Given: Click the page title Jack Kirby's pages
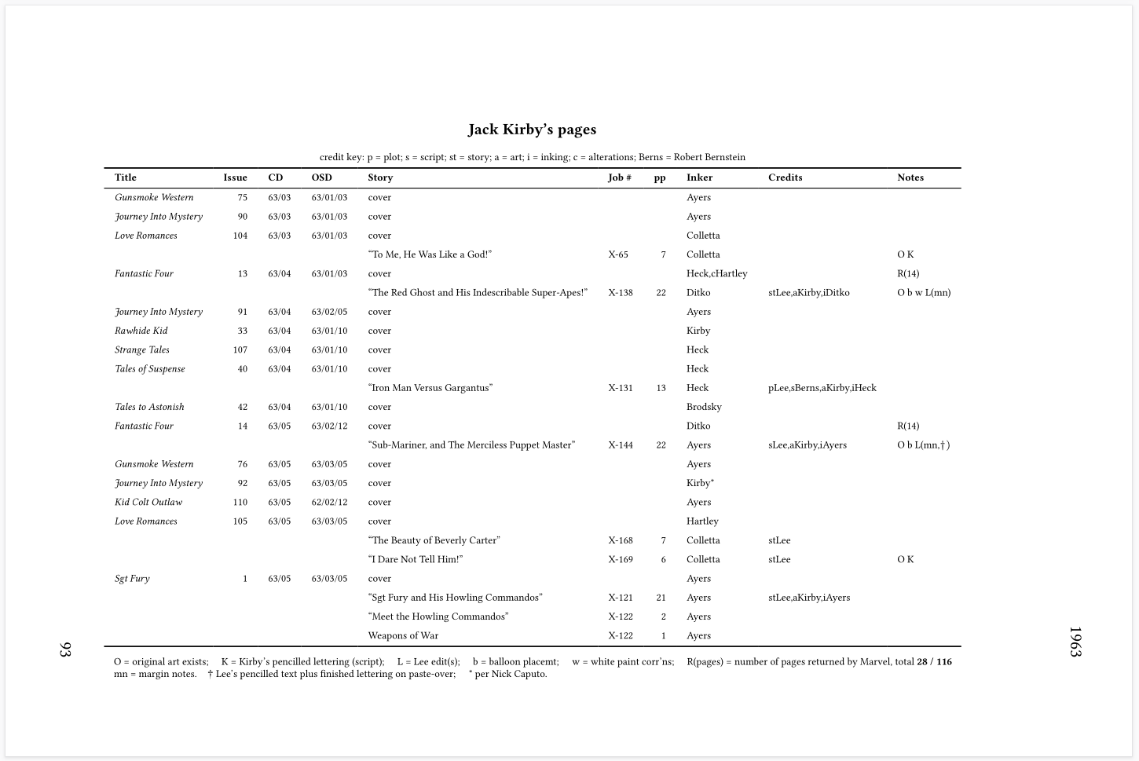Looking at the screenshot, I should tap(532, 130).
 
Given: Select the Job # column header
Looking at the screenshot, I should tap(619, 177).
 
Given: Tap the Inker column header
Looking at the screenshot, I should tap(699, 177).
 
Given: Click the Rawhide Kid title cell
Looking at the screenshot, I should tap(141, 331).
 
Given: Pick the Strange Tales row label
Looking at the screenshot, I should tap(142, 349).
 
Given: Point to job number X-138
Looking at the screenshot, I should tap(620, 293).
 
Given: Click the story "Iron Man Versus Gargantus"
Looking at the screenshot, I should tap(430, 388).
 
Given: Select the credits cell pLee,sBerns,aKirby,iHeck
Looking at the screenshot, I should tap(822, 388).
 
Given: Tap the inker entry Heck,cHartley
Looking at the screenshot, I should tap(716, 273).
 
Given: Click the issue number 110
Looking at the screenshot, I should tap(240, 503).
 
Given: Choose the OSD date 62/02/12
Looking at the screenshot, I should tap(329, 503).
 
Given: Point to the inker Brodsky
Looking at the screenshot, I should tap(704, 407).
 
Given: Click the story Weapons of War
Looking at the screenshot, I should tap(403, 636).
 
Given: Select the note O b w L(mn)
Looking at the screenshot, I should tap(924, 293).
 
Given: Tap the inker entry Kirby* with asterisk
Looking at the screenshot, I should tap(700, 484).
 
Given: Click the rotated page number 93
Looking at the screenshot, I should tap(66, 649).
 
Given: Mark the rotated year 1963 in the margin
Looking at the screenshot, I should tap(1075, 642).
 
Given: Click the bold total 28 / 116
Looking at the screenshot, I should tap(934, 662).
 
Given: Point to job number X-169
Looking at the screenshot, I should tap(620, 560).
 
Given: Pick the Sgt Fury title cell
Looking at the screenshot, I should tap(132, 579).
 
